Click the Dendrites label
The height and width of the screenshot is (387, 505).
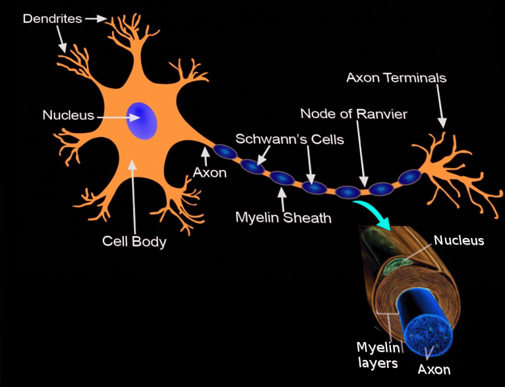pyautogui.click(x=52, y=18)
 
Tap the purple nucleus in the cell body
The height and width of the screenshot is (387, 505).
pyautogui.click(x=142, y=120)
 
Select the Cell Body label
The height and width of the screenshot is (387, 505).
pyautogui.click(x=134, y=241)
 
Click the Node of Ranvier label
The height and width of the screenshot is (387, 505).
pyautogui.click(x=353, y=114)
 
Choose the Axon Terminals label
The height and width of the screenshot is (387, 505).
pyautogui.click(x=396, y=78)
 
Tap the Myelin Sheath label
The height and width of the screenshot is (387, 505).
pyautogui.click(x=283, y=217)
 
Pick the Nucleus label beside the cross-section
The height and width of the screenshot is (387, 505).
pyautogui.click(x=458, y=241)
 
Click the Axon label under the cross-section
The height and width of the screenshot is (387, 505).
pyautogui.click(x=434, y=369)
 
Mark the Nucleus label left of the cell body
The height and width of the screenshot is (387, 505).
pyautogui.click(x=69, y=115)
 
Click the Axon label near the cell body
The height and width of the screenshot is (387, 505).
pyautogui.click(x=210, y=173)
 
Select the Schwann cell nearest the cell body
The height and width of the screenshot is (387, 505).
pyautogui.click(x=225, y=153)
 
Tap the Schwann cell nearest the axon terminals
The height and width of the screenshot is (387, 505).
pyautogui.click(x=409, y=177)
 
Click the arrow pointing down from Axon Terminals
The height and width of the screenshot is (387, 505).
pyautogui.click(x=441, y=106)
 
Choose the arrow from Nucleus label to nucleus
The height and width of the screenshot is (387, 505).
pyautogui.click(x=119, y=117)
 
